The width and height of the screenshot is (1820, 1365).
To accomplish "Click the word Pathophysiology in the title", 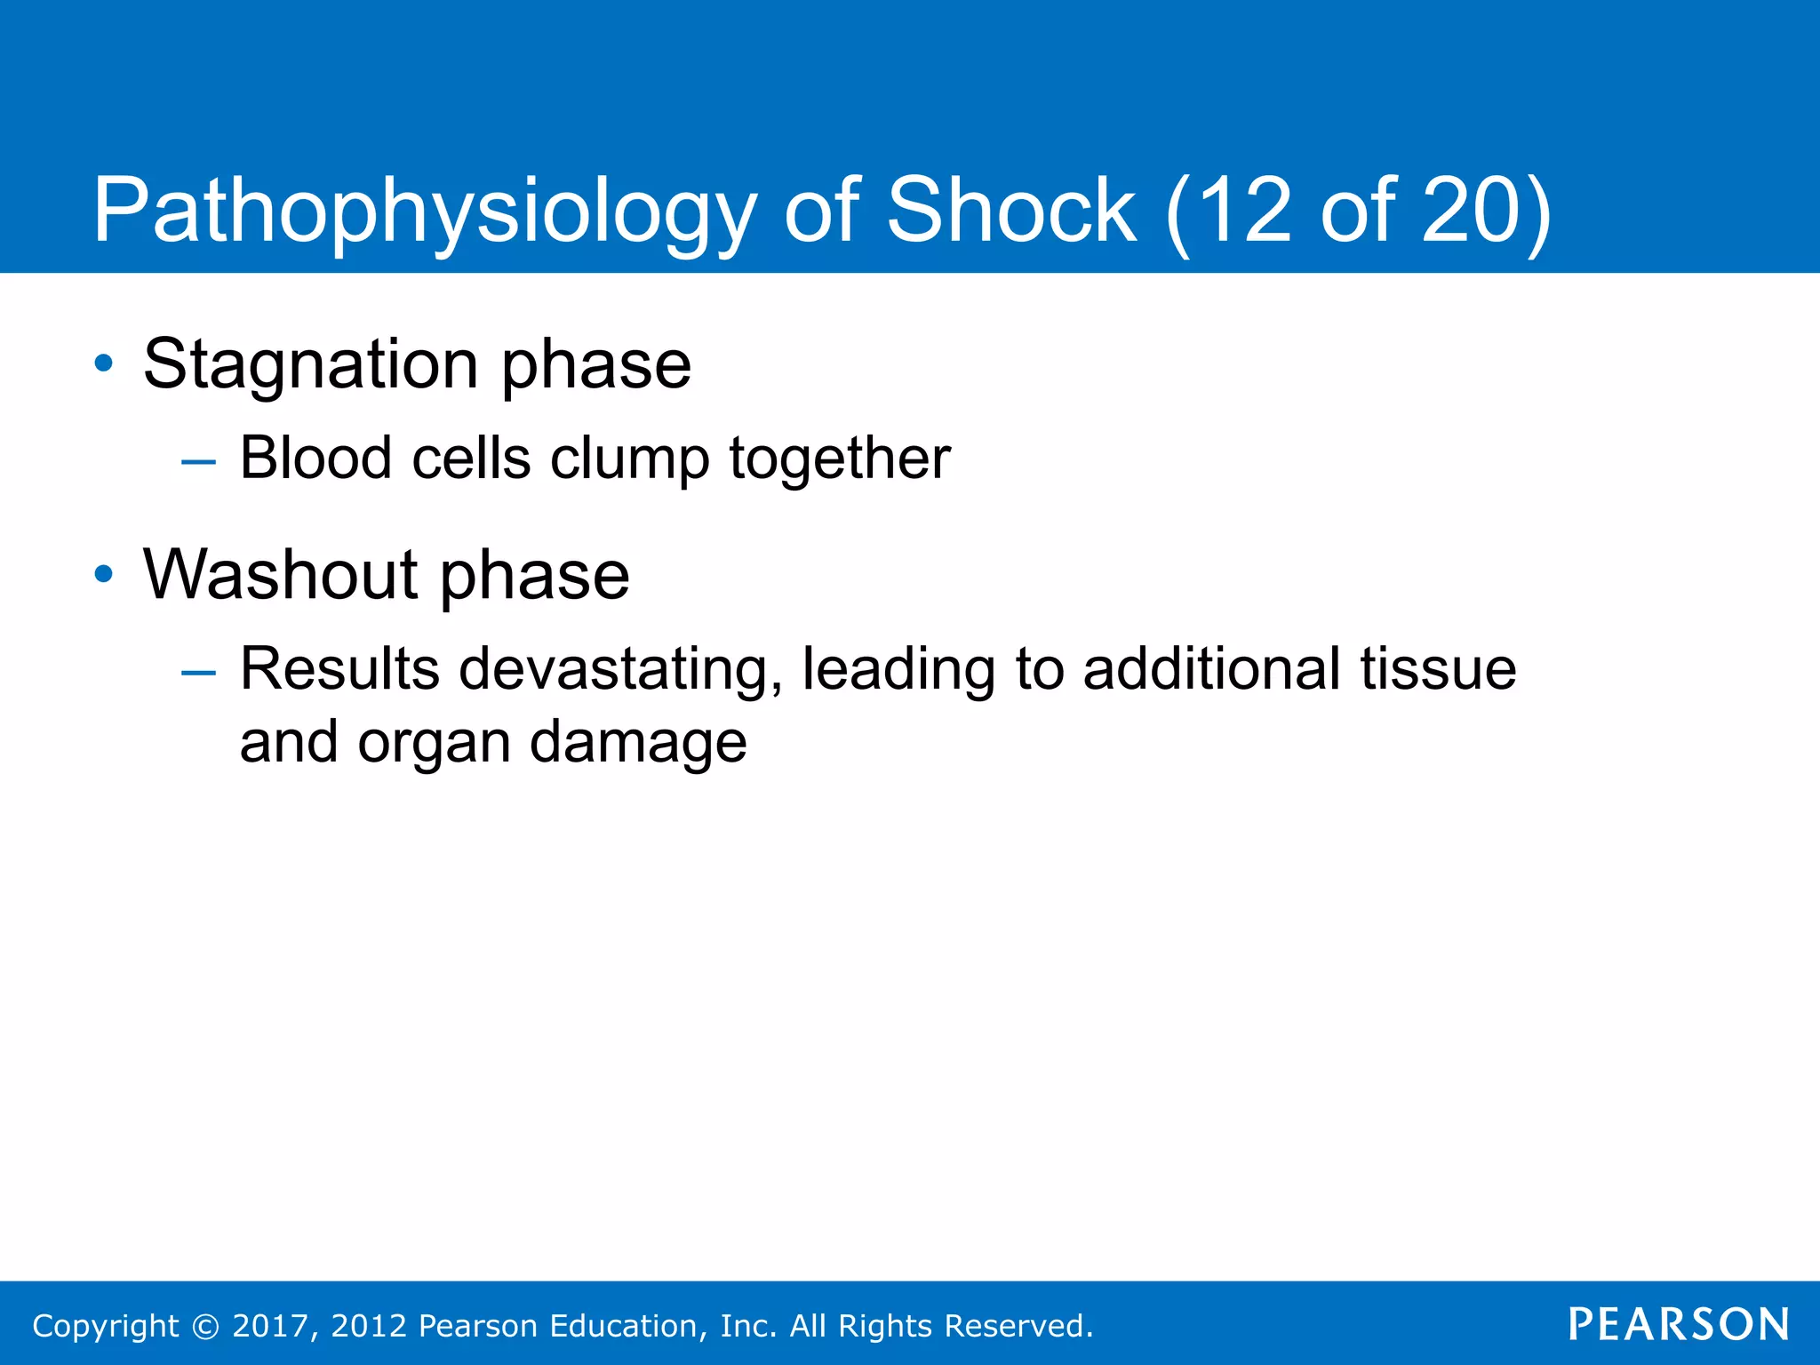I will pyautogui.click(x=424, y=212).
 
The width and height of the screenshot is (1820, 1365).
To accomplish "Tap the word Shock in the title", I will pyautogui.click(x=1011, y=210).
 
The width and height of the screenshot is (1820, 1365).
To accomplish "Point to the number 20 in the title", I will pyautogui.click(x=1471, y=210).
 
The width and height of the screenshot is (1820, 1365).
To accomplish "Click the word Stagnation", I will pyautogui.click(x=311, y=364).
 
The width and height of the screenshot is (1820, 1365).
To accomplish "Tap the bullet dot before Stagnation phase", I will pyautogui.click(x=104, y=363).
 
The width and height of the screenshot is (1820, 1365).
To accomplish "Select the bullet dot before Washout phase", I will pyautogui.click(x=104, y=574).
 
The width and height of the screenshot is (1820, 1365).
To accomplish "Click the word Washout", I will pyautogui.click(x=281, y=574).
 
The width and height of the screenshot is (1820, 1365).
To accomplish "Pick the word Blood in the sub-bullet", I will pyautogui.click(x=315, y=459).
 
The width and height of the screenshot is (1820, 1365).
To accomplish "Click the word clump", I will pyautogui.click(x=629, y=459).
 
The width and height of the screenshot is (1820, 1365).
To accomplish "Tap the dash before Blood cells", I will pyautogui.click(x=197, y=462).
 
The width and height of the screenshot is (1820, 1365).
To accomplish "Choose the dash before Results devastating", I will pyautogui.click(x=197, y=673).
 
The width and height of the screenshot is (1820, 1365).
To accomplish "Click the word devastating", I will pyautogui.click(x=620, y=669).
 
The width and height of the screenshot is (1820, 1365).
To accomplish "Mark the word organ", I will pyautogui.click(x=434, y=743).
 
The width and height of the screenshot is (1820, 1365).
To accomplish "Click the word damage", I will pyautogui.click(x=638, y=743).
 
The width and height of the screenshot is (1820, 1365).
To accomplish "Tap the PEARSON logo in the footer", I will pyautogui.click(x=1679, y=1324).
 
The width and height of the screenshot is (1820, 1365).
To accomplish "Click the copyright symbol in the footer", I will pyautogui.click(x=205, y=1326).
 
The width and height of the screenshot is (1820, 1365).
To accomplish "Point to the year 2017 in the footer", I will pyautogui.click(x=270, y=1326).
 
